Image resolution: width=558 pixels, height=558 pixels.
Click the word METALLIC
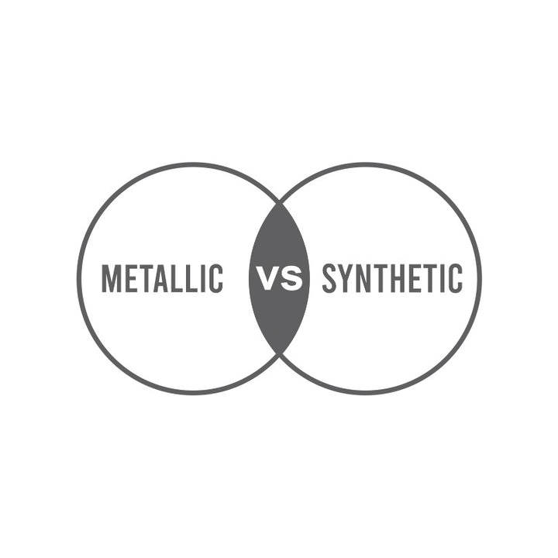[x=162, y=279]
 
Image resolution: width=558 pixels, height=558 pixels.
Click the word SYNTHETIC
[x=392, y=279]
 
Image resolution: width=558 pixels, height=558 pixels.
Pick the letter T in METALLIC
[x=146, y=279]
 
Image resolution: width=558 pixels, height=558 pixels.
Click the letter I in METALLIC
[x=204, y=279]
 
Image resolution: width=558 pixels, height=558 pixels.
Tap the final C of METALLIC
[x=216, y=279]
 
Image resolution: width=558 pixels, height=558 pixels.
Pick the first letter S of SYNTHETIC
[x=329, y=279]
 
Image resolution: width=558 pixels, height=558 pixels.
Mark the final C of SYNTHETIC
[x=456, y=279]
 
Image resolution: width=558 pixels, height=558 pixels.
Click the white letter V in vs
[x=268, y=279]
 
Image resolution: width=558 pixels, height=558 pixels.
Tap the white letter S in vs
[x=291, y=279]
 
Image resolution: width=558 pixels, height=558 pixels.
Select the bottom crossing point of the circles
[x=279, y=354]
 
